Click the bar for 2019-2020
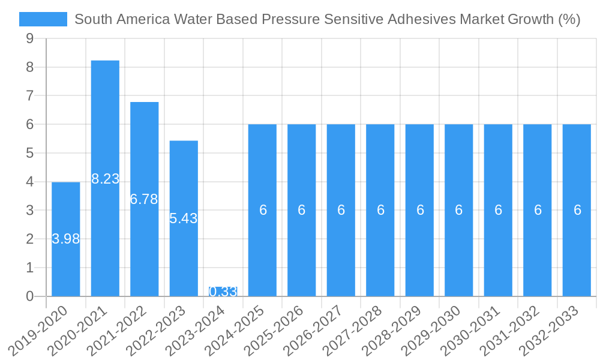pyautogui.click(x=65, y=264)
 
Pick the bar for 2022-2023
pyautogui.click(x=184, y=258)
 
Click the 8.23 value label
pyautogui.click(x=105, y=179)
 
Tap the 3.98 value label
pyautogui.click(x=65, y=239)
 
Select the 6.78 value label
pyautogui.click(x=144, y=199)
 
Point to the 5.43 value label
pyautogui.click(x=184, y=218)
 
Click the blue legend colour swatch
pyautogui.click(x=43, y=19)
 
